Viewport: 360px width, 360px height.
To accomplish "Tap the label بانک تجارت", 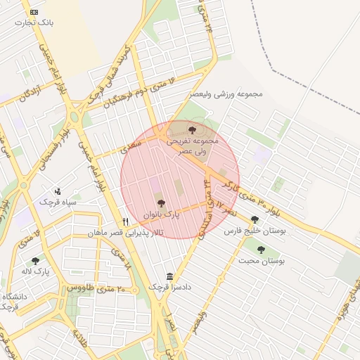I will (37, 22).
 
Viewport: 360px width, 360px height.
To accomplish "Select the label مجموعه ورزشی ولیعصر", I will (226, 94).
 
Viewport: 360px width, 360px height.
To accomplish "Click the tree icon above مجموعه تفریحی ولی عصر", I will (193, 129).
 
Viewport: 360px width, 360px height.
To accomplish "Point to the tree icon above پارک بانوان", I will (162, 202).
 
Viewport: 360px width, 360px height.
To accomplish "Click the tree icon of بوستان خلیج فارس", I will (255, 219).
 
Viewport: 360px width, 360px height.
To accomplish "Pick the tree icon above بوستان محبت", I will (261, 250).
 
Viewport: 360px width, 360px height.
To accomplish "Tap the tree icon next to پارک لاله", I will (35, 261).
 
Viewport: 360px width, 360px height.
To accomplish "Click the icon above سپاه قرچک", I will (58, 191).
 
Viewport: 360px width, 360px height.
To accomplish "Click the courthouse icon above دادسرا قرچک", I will (169, 277).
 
